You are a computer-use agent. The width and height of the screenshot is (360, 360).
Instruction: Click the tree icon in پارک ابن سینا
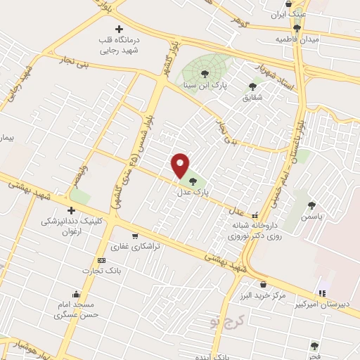(205, 72)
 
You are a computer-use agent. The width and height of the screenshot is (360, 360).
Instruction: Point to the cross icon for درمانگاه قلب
(118, 29)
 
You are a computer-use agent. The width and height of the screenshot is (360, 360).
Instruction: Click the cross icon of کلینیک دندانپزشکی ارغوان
(70, 210)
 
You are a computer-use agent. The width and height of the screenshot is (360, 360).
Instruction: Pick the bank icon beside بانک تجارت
(103, 260)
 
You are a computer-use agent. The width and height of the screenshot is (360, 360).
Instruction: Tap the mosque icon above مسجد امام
(75, 294)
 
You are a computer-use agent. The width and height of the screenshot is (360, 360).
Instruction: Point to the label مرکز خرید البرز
(262, 296)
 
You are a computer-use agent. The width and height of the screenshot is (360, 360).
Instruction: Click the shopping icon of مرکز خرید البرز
(263, 285)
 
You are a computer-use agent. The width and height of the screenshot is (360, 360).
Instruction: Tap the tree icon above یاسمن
(311, 205)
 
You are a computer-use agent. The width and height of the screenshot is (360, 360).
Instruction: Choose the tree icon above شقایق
(252, 86)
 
